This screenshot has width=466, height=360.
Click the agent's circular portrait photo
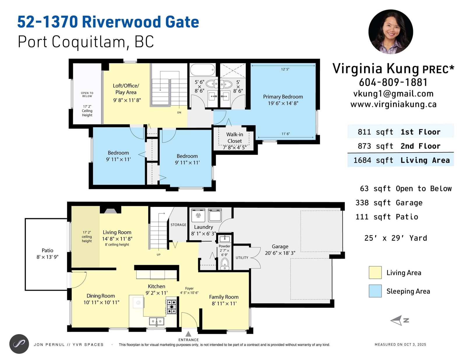391,31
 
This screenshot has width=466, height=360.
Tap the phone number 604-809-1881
393,82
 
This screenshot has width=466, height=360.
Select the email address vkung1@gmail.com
393,94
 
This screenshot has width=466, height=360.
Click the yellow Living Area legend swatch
375,273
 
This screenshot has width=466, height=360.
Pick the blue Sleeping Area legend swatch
375,291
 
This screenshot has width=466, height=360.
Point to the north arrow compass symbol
399,320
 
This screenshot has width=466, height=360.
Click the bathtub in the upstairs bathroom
203,70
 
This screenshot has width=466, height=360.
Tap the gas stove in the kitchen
172,307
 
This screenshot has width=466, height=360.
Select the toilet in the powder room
225,264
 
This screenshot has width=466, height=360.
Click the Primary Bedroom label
283,100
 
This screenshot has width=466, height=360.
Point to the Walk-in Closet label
235,138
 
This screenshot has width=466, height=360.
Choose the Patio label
47,253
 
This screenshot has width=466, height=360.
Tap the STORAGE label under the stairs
179,225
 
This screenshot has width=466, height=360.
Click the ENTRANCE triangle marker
188,333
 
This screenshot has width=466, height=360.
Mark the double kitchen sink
157,321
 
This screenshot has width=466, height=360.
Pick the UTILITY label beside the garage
242,258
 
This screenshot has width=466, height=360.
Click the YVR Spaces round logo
19,344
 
